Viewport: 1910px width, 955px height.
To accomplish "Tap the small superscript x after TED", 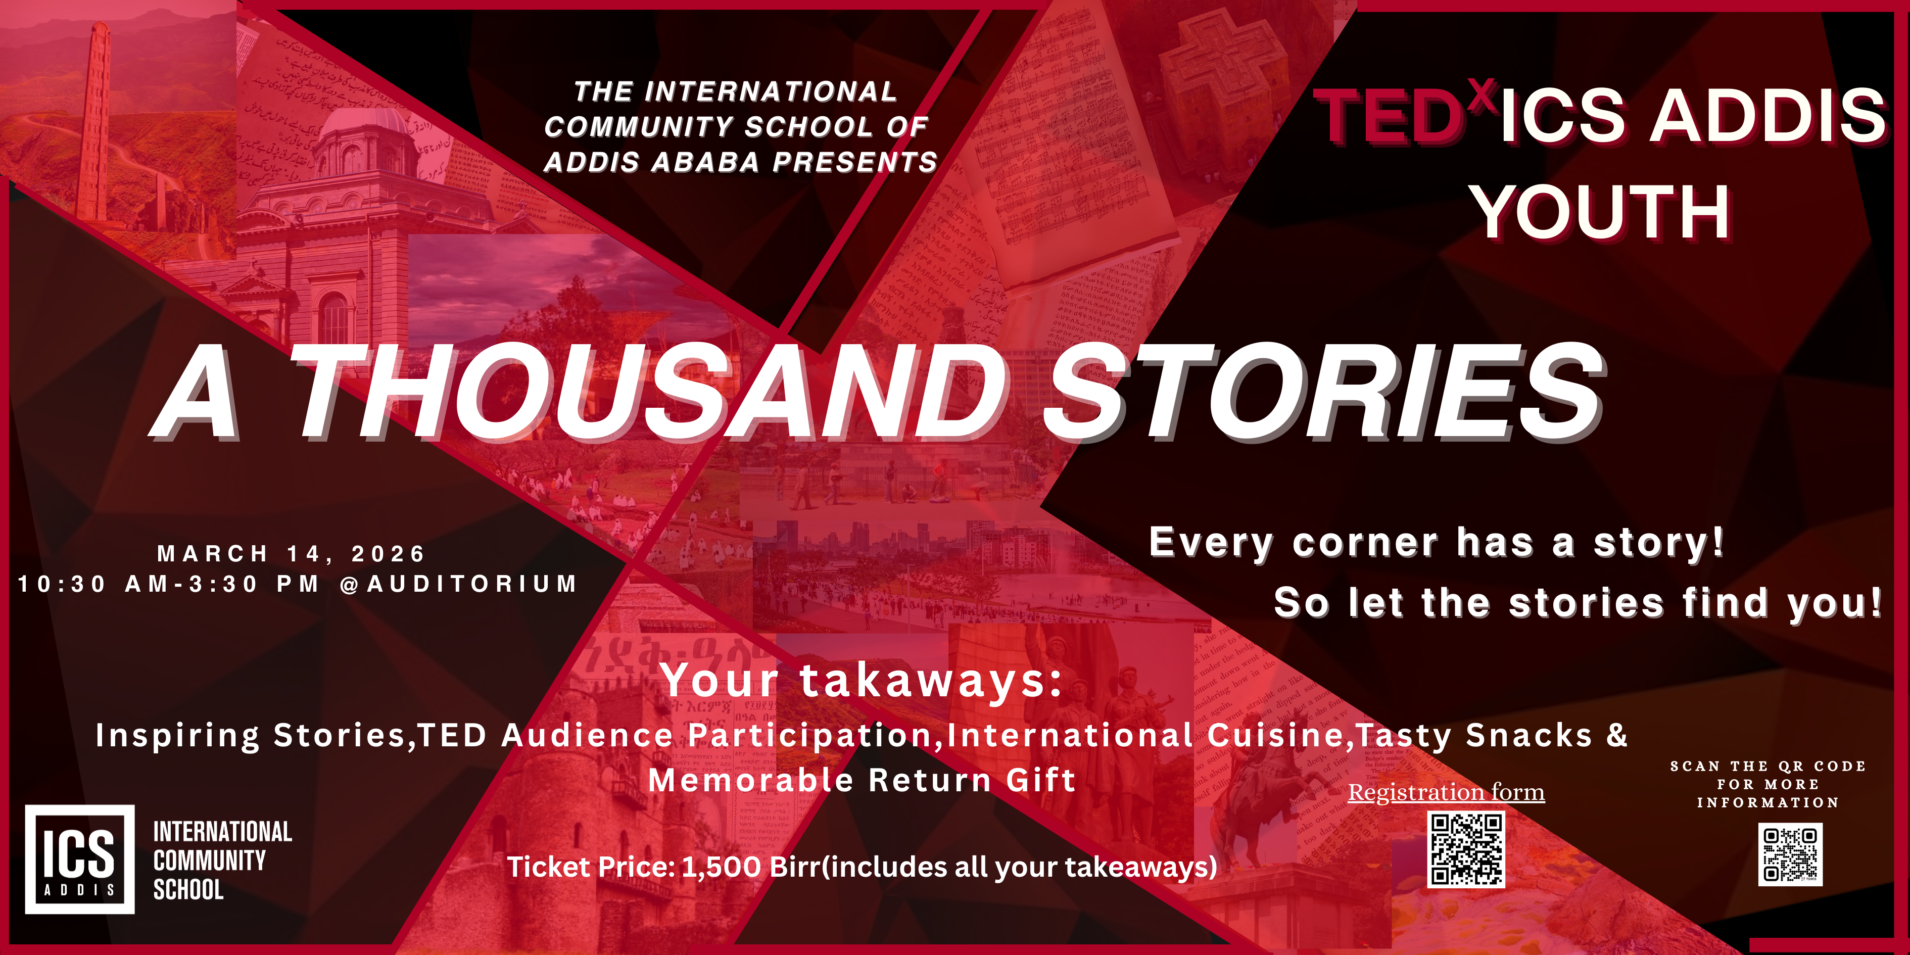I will pyautogui.click(x=1482, y=96).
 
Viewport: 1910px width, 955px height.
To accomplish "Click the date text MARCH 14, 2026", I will pyautogui.click(x=292, y=553).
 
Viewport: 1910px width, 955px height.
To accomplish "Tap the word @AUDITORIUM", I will pyautogui.click(x=457, y=584).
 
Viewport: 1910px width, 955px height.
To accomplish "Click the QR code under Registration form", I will pyautogui.click(x=1466, y=850).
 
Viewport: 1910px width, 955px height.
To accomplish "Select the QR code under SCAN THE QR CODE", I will pyautogui.click(x=1790, y=854).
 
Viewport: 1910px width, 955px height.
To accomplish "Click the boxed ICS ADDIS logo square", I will pyautogui.click(x=80, y=858).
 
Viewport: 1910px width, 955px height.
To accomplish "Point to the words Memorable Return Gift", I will pyautogui.click(x=862, y=780).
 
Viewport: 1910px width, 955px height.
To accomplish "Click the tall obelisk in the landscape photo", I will pyautogui.click(x=97, y=119).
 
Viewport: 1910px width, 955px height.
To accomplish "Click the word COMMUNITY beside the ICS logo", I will pyautogui.click(x=209, y=860).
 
